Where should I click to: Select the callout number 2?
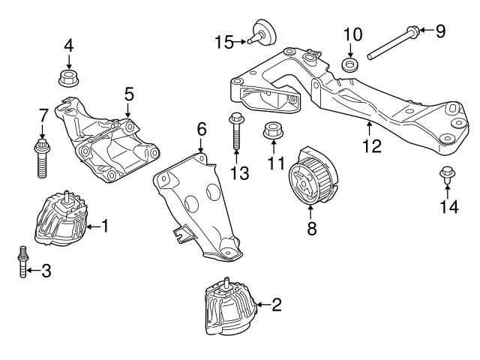pyautogui.click(x=276, y=304)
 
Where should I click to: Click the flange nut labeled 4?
pyautogui.click(x=68, y=76)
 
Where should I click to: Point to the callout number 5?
pyautogui.click(x=129, y=94)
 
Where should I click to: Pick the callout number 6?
pyautogui.click(x=201, y=129)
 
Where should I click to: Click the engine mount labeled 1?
pyautogui.click(x=61, y=220)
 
